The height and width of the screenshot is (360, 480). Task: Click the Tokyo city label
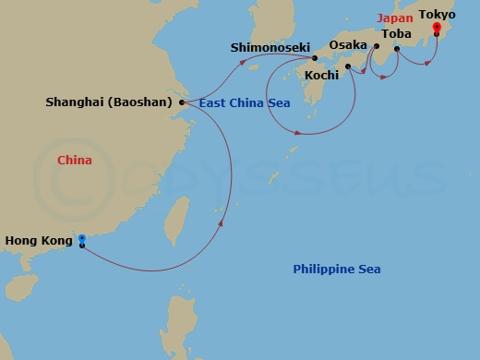[x=437, y=14]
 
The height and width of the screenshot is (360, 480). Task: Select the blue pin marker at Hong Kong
[x=82, y=240]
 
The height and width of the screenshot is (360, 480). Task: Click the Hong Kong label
[x=38, y=241]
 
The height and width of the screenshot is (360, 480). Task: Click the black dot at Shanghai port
[x=182, y=102]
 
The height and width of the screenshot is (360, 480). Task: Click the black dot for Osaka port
[x=377, y=44]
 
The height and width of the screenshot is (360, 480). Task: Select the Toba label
[x=396, y=34]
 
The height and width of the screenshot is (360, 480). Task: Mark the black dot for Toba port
[x=397, y=48]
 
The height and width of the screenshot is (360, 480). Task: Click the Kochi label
[x=322, y=75]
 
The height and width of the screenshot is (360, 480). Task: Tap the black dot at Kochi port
[x=347, y=66]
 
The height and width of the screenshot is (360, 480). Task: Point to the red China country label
[x=75, y=161]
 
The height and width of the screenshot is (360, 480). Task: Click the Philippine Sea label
[x=336, y=269]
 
